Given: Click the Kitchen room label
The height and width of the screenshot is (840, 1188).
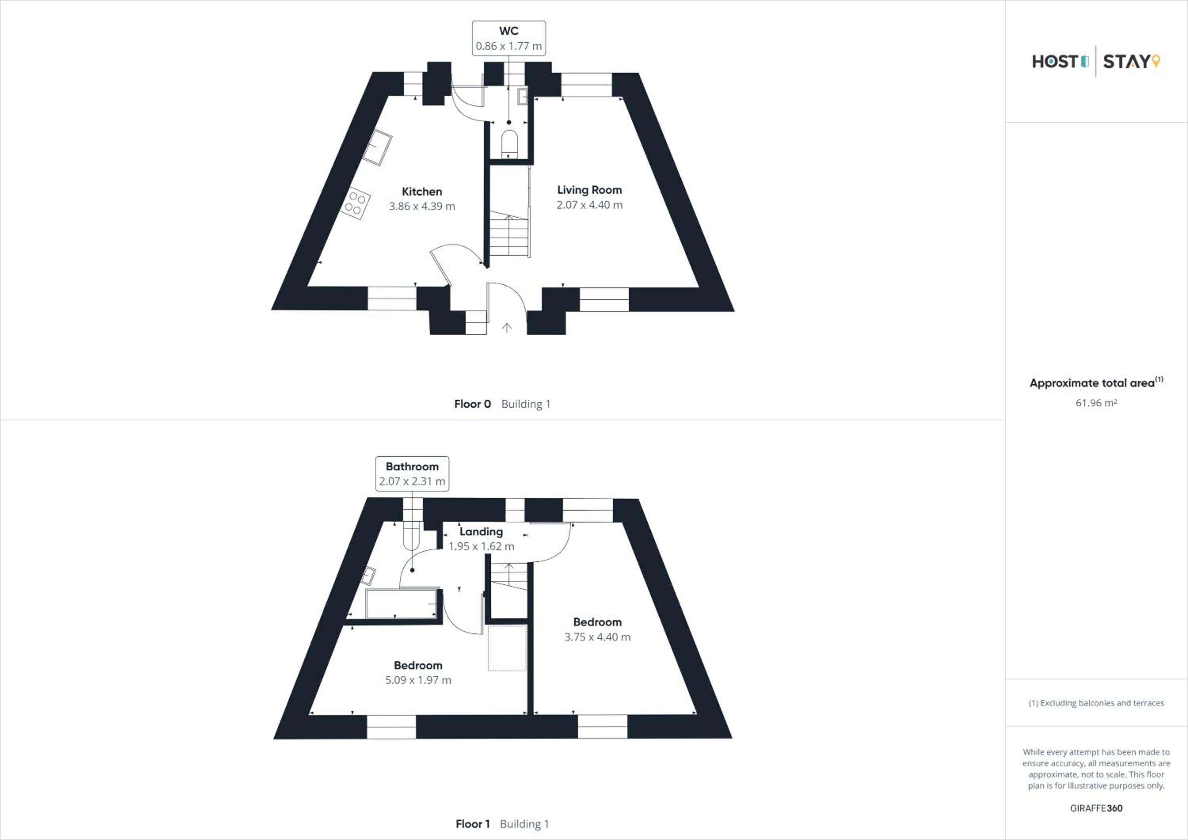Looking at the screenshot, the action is [422, 191].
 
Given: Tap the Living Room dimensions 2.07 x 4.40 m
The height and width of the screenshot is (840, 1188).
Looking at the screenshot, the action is [589, 205].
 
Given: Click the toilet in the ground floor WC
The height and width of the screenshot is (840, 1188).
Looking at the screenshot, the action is [509, 143].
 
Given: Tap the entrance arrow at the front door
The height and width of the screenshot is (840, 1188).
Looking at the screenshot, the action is [506, 327].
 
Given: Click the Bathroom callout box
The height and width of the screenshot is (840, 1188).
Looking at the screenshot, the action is [412, 473].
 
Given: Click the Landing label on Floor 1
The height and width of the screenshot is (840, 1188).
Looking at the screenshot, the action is [481, 532].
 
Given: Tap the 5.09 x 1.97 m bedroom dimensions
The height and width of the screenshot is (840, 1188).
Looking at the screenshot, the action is [418, 680].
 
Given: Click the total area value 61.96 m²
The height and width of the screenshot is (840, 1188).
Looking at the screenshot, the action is [1096, 403].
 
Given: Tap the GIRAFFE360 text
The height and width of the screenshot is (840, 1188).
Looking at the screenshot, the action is [1096, 808].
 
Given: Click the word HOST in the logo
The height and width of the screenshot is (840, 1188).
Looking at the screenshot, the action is [1055, 61].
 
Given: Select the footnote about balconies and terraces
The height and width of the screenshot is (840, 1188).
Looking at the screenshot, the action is [1096, 703].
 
